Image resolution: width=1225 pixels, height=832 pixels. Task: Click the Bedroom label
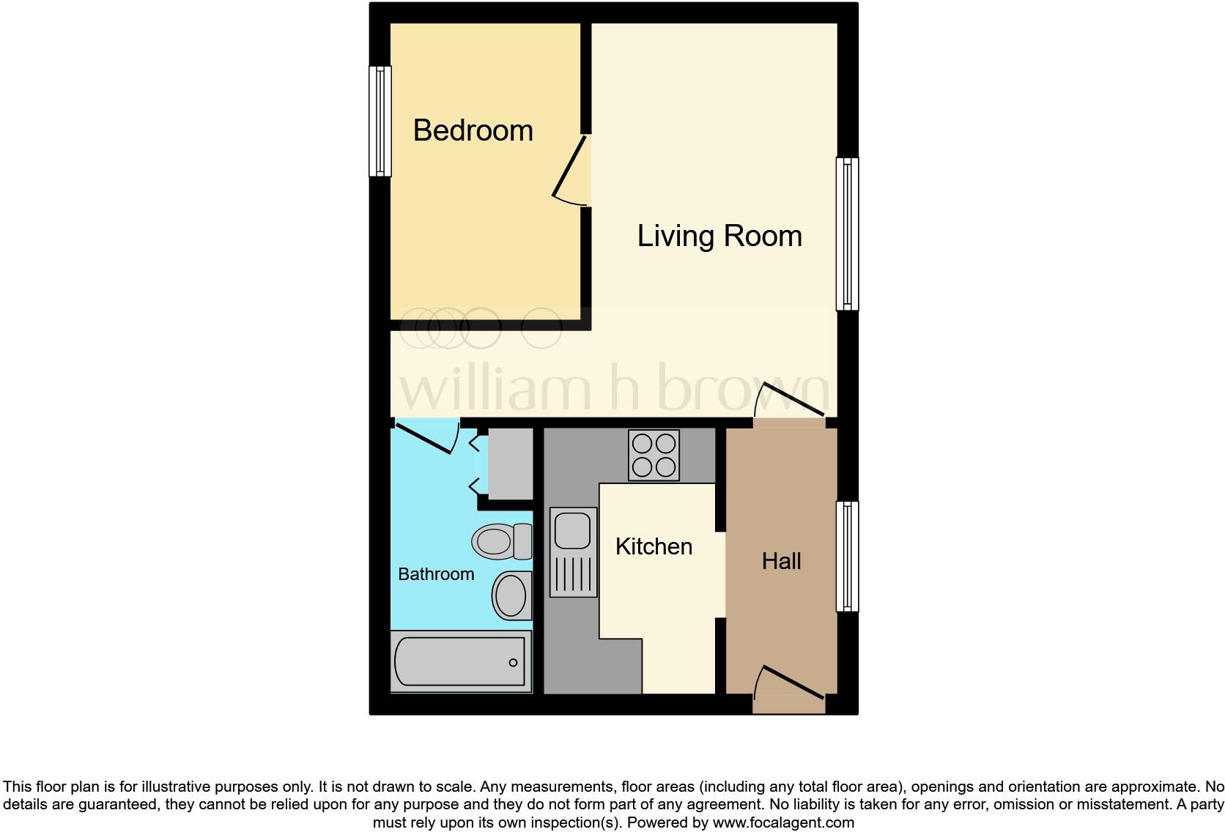473,131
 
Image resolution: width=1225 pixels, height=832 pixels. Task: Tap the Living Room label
719,236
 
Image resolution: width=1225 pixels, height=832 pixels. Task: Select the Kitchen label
654,546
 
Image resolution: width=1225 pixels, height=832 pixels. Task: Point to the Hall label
781,561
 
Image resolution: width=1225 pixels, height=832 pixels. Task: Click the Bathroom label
436,574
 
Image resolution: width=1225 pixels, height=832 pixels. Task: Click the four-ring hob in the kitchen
654,455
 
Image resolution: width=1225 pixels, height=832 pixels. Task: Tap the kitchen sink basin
572,531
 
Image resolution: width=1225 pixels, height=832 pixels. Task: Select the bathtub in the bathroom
460,661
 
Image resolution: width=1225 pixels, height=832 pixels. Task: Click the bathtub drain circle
513,663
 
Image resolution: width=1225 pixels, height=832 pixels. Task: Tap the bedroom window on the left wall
380,121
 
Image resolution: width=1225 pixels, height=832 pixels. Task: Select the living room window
847,234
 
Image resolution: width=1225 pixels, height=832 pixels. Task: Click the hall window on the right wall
847,557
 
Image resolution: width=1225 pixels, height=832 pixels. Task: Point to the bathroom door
425,437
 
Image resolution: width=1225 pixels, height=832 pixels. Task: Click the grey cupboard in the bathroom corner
510,464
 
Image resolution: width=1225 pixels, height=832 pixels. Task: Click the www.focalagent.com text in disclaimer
783,822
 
